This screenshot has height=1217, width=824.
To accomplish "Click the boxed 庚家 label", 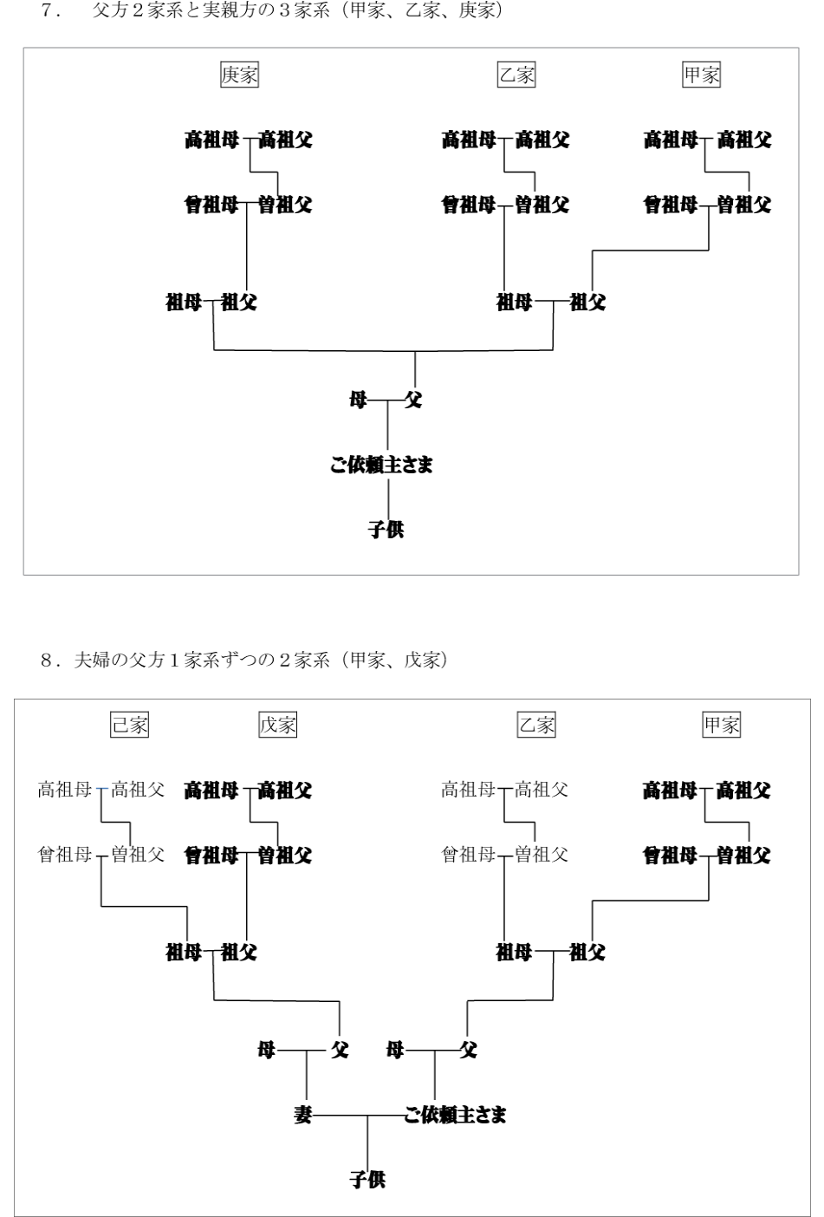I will [239, 75].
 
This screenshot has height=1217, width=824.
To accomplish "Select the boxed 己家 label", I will [129, 725].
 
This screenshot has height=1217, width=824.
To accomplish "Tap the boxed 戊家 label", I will [277, 725].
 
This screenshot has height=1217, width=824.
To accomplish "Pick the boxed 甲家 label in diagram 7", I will [701, 75].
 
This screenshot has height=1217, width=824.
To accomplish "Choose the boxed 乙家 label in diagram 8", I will [536, 725].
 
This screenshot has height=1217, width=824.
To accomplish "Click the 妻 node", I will [302, 1115].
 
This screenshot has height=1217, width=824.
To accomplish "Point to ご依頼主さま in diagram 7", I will [381, 465].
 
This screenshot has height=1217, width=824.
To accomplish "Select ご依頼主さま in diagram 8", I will [455, 1115].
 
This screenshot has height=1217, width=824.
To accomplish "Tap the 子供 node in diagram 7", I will [386, 529].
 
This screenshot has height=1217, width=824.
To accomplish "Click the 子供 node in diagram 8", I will [367, 1179].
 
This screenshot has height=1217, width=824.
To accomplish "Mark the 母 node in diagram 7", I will [358, 400].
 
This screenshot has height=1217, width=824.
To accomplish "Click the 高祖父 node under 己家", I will [138, 790].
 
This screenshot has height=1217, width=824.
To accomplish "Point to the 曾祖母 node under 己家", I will [64, 855].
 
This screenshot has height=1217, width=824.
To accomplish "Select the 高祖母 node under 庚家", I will [211, 140].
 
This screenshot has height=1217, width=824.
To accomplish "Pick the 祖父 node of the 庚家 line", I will [239, 303].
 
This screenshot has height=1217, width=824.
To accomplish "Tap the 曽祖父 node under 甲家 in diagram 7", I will [744, 205].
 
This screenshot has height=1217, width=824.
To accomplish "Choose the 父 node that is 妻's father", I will [340, 1050].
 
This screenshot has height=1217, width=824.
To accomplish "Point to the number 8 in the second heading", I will [47, 661].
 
